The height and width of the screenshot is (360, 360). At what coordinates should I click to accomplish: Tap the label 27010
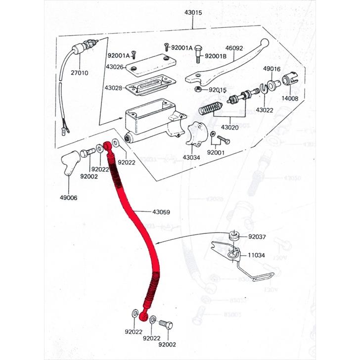[x=79, y=73]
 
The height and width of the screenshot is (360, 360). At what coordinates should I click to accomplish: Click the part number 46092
[x=235, y=49]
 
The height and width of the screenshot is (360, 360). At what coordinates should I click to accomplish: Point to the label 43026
[x=114, y=66]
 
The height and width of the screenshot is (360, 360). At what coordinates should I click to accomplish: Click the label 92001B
[x=215, y=56]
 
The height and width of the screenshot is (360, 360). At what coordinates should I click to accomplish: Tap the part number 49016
[x=271, y=69]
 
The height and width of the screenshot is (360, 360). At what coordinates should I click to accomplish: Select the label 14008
[x=290, y=99]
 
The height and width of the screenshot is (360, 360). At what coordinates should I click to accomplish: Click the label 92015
[x=217, y=90]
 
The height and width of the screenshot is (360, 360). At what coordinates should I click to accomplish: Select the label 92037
[x=257, y=237]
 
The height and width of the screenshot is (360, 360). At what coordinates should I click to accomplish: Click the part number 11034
[x=257, y=256]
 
